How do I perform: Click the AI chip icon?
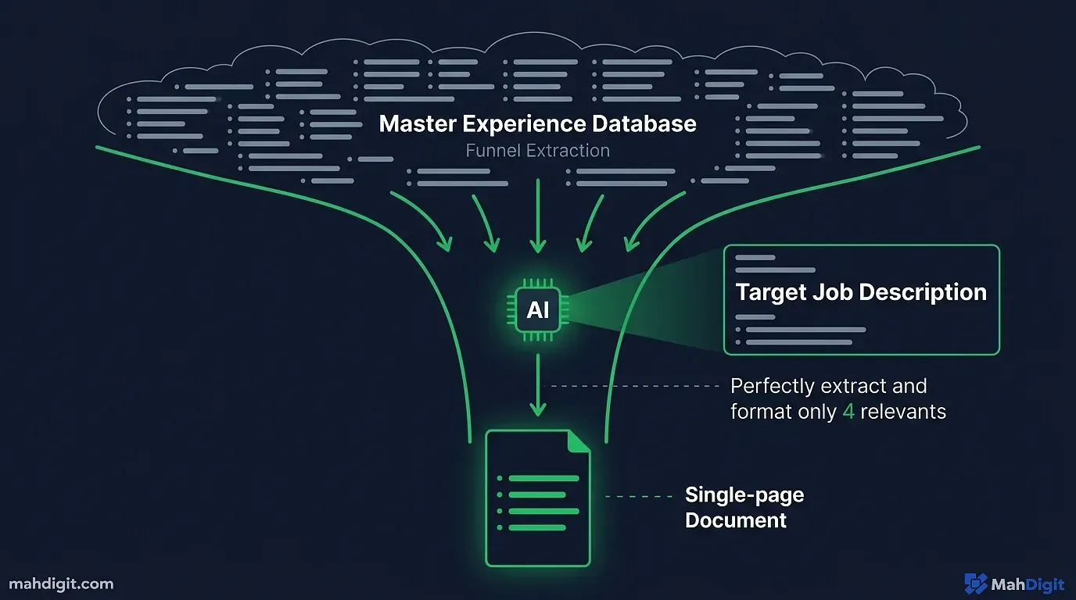point(538,310)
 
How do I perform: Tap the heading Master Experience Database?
point(537,123)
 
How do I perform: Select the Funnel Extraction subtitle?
point(537,151)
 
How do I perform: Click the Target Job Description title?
point(861,292)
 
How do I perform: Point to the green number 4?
point(848,412)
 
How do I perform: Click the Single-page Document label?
point(744,507)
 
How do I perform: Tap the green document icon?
point(538,498)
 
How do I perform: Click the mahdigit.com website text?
point(61,584)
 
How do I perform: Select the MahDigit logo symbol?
point(975,584)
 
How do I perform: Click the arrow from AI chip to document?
point(538,386)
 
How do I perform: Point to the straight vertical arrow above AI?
point(538,215)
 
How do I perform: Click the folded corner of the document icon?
point(579,440)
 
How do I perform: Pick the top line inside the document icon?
point(543,478)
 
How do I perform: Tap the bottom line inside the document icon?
point(536,528)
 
